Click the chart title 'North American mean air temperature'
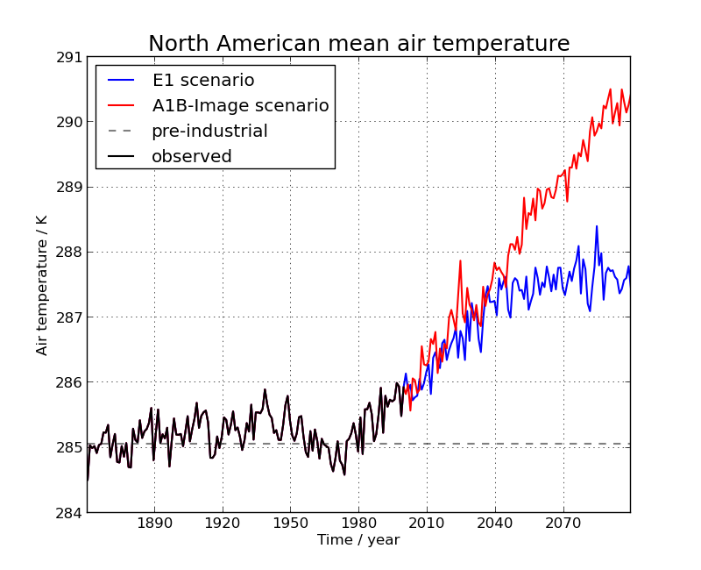[x=358, y=44]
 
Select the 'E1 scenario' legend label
[x=203, y=81]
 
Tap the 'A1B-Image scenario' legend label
[x=240, y=106]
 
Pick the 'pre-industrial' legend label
[x=209, y=132]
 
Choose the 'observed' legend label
[x=191, y=157]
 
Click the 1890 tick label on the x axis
[x=154, y=524]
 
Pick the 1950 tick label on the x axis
[x=290, y=524]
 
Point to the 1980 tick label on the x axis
[x=358, y=524]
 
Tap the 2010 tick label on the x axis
[x=427, y=524]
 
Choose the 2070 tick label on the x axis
[x=563, y=524]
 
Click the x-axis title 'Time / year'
[x=358, y=540]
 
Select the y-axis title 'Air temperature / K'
[x=42, y=285]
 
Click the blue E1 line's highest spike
[x=597, y=226]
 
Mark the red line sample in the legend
[x=121, y=106]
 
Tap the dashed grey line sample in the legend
[x=121, y=132]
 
